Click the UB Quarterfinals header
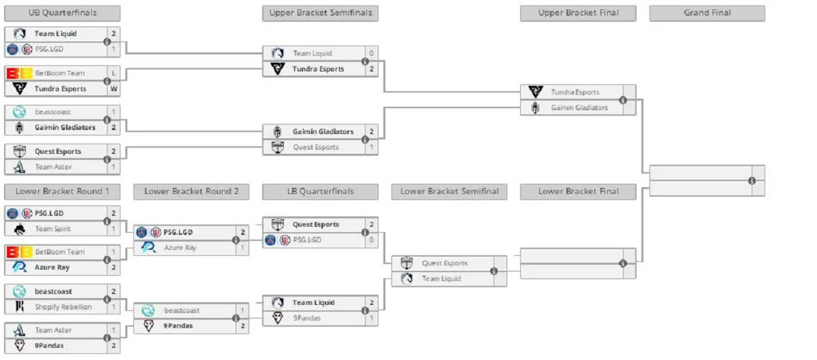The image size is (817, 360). (62, 13)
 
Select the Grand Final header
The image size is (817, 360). (707, 13)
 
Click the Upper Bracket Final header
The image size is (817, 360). (578, 13)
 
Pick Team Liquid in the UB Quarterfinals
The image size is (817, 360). (56, 33)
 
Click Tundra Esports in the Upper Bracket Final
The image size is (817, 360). (575, 92)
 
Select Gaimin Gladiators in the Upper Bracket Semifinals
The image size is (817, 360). (323, 131)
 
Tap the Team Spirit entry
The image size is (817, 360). (53, 229)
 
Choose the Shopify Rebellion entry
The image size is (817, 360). (63, 307)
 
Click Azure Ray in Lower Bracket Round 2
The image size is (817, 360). (180, 248)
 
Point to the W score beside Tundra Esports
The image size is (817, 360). (114, 88)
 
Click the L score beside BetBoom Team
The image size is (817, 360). (114, 73)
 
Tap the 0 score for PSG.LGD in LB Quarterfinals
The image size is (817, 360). (372, 240)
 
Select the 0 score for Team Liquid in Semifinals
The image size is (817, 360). (372, 53)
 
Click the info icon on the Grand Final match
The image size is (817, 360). (752, 180)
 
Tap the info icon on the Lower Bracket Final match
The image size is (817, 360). (622, 263)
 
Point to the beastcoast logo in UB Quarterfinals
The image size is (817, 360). (19, 112)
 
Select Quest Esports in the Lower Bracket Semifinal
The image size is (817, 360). (445, 263)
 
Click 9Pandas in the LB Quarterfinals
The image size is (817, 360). (306, 318)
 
